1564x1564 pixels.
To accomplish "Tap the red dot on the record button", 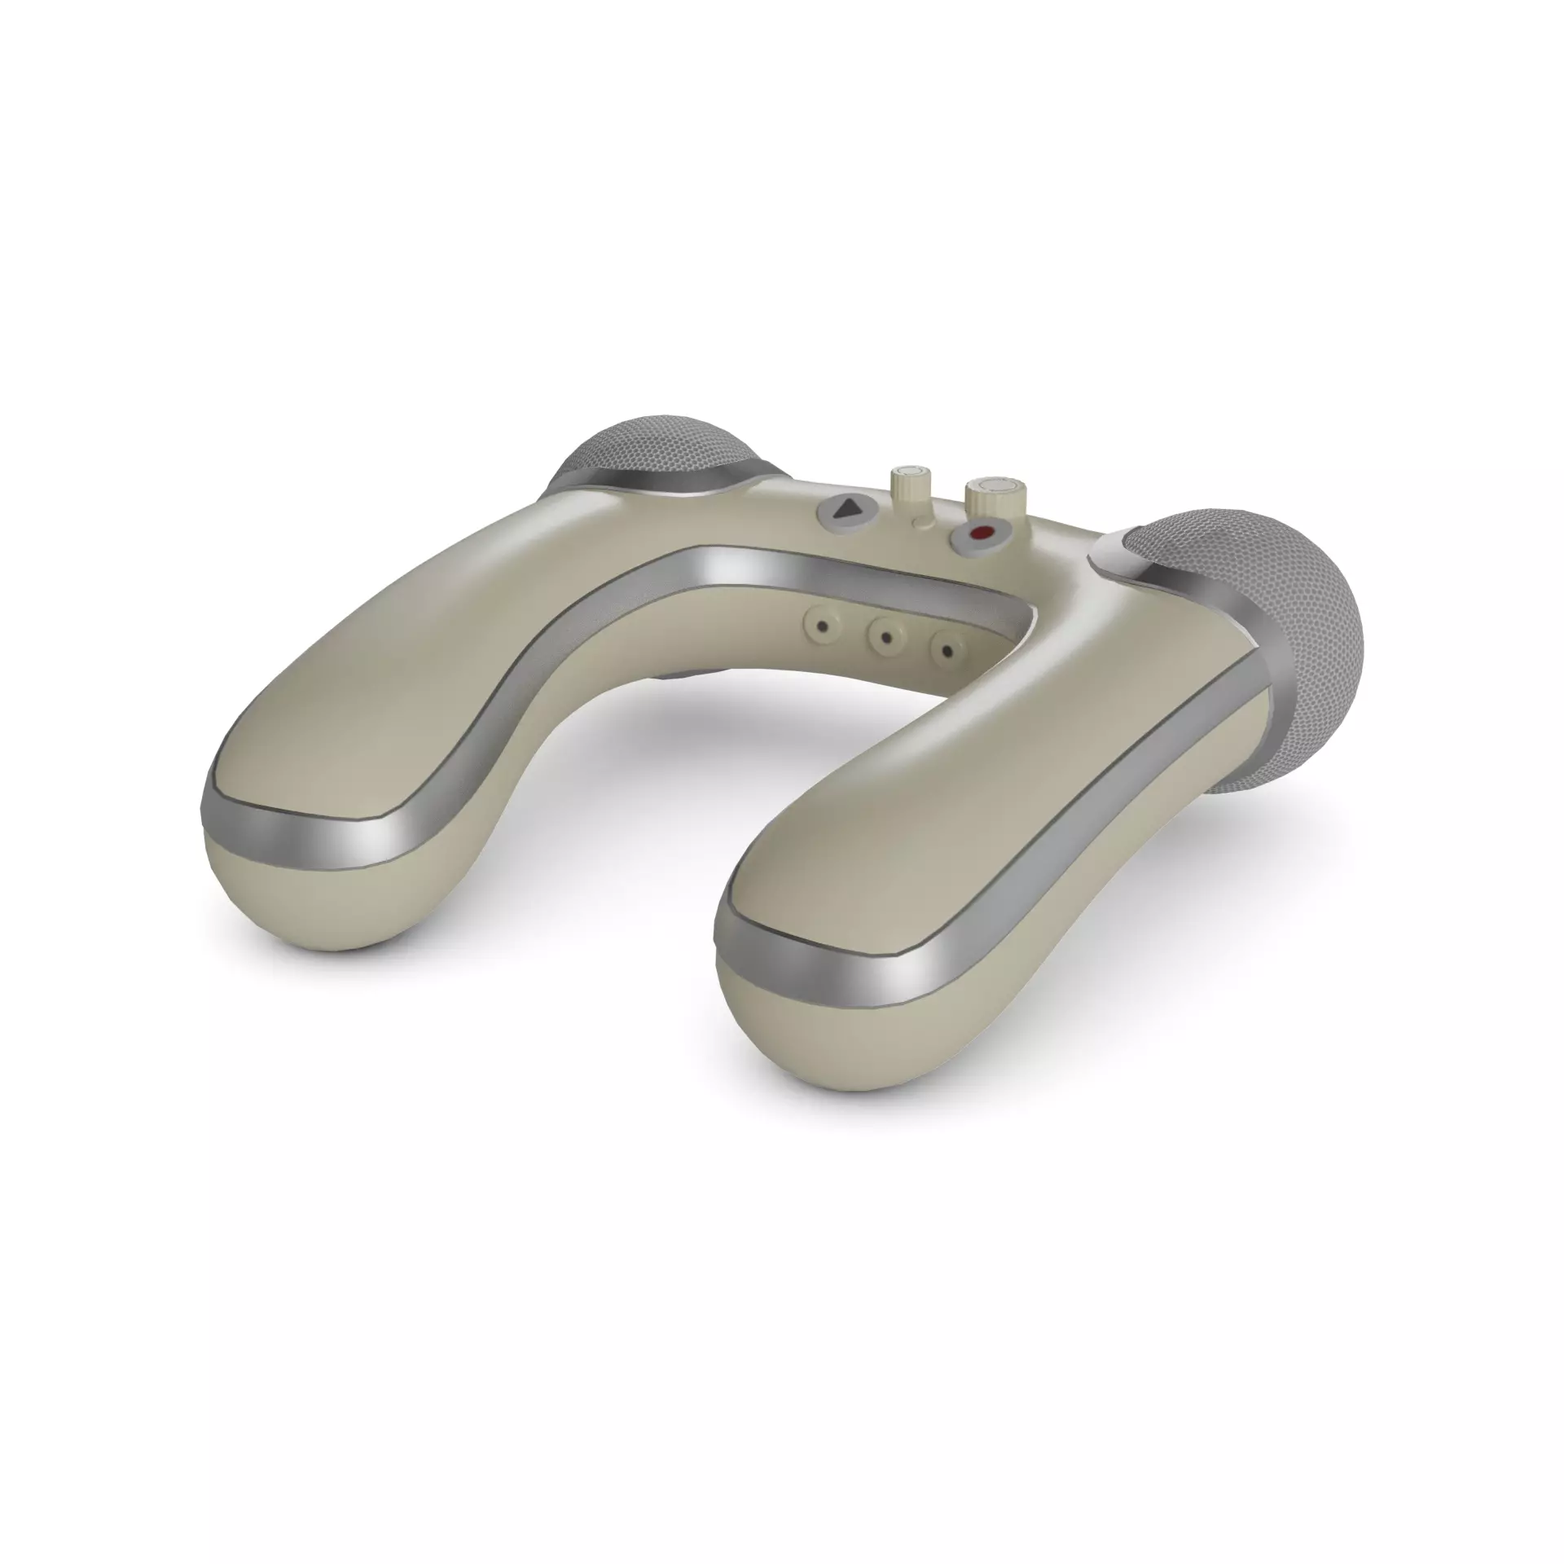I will tap(982, 534).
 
